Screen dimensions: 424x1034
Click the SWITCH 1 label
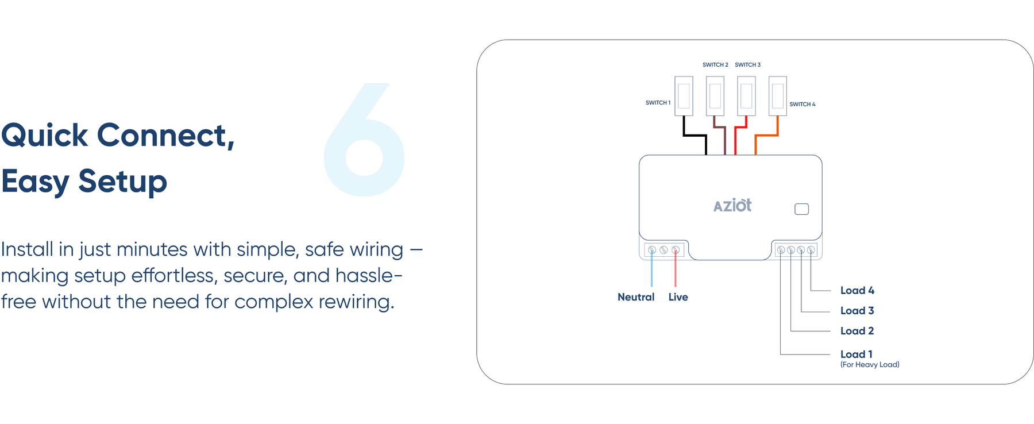click(658, 103)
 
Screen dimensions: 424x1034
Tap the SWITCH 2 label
click(715, 65)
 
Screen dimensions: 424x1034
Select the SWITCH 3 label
click(747, 65)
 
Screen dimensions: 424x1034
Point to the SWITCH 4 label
click(802, 105)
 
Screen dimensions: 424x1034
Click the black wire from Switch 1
click(695, 136)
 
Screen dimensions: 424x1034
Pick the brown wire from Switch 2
click(724, 141)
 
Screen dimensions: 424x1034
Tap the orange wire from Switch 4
click(766, 136)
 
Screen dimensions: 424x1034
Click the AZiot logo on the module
click(732, 206)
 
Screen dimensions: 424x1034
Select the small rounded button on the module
click(801, 209)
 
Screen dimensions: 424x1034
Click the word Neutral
click(636, 297)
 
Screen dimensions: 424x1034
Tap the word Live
click(678, 297)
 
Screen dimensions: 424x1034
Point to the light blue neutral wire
click(651, 270)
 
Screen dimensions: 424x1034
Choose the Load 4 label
click(857, 291)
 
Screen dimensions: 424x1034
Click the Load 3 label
click(857, 311)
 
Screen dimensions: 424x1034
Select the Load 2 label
click(857, 331)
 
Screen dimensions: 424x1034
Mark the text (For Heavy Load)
click(870, 365)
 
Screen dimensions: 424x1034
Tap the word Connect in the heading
click(165, 136)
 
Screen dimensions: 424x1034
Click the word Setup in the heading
click(122, 182)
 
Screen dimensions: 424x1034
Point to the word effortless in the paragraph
click(176, 276)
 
